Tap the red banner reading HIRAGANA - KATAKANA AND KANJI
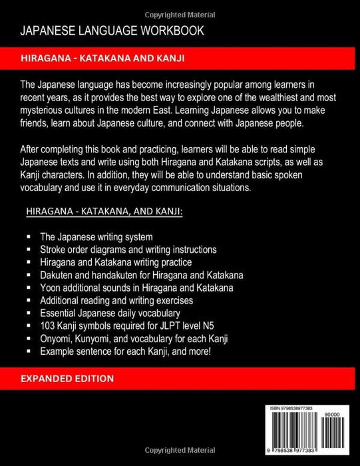180,59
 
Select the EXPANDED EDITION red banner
180,378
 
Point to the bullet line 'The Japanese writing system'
100,237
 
